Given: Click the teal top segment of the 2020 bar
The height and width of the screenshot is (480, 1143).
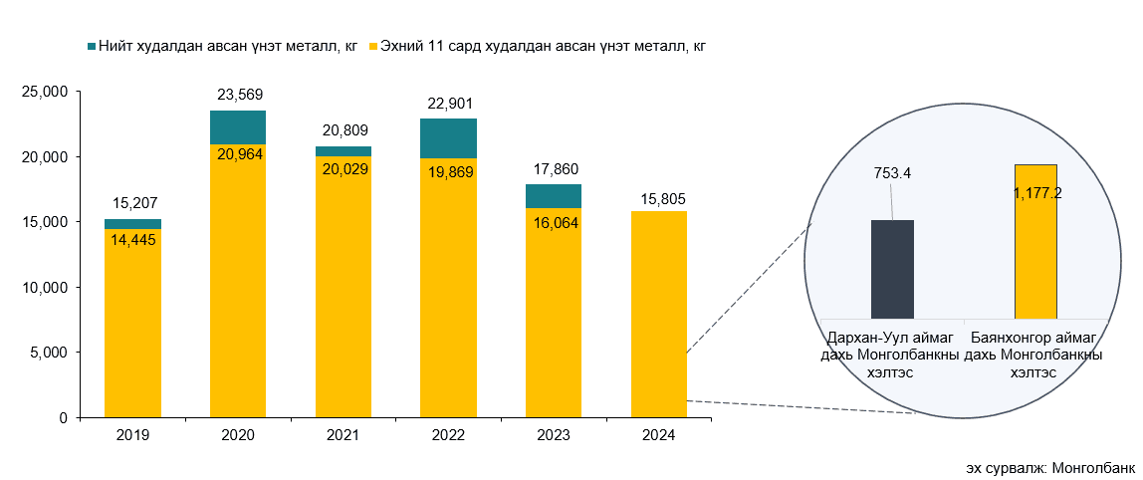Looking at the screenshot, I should coord(238,127).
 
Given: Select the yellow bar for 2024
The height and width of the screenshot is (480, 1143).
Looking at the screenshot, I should coord(659,314).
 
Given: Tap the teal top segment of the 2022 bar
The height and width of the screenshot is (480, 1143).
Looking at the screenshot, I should coord(448,138).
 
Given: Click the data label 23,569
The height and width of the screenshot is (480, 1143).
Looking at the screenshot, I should coord(238,96).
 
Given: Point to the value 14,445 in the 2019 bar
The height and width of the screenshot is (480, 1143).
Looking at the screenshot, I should coord(132,239).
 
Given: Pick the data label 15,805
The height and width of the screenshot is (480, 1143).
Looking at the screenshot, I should coord(659,197).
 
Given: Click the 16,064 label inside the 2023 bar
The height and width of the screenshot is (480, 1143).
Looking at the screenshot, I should coord(554,223).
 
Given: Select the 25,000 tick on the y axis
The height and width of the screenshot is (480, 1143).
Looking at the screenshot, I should coord(44,92).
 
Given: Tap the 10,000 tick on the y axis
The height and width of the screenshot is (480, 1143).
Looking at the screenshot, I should coord(44,287).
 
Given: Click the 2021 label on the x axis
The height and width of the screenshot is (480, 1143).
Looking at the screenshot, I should coord(343,435).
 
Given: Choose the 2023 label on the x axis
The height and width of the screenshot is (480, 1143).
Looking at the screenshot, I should coord(554,435).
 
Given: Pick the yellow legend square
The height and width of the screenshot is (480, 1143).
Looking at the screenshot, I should coord(374,46).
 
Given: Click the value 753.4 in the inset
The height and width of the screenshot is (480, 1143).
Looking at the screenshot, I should coord(892,173).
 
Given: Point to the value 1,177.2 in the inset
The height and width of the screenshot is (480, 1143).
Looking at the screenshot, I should coord(1035,193).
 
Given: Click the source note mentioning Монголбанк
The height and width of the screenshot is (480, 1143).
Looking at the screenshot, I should coord(1049,467).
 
